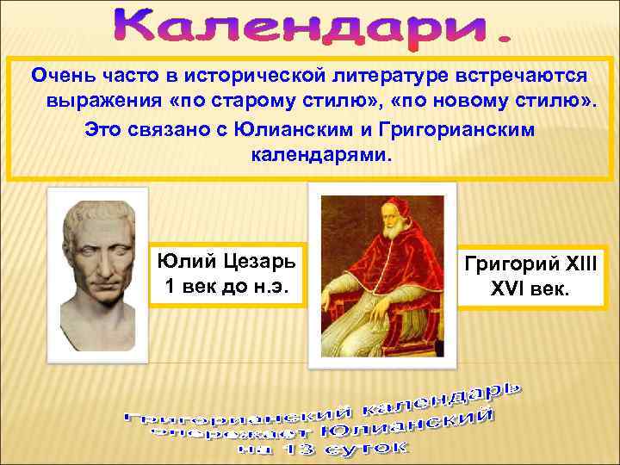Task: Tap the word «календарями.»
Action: pyautogui.click(x=320, y=156)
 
